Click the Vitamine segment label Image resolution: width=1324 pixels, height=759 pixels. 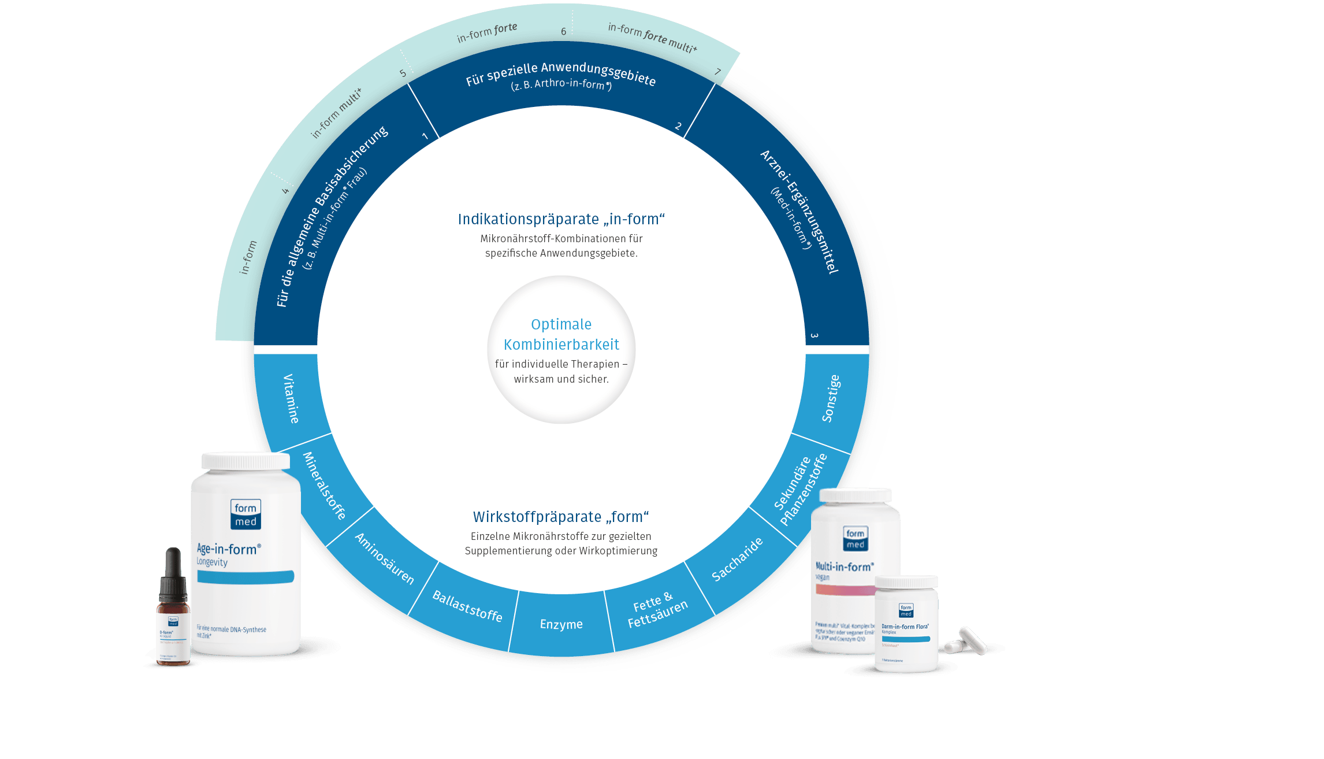(291, 398)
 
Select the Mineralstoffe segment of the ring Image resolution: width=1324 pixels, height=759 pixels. (324, 486)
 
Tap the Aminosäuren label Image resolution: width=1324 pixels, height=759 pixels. (385, 558)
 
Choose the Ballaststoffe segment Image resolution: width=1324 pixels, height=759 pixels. (467, 606)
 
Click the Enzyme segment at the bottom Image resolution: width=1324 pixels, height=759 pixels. (561, 624)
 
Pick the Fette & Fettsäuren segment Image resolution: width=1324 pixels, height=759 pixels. (657, 610)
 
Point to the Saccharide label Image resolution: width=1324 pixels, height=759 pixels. (737, 559)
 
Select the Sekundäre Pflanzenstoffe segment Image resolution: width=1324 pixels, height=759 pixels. (800, 491)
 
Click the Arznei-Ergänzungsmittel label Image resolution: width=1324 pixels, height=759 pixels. (799, 212)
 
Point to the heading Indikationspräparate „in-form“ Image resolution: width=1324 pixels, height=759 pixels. (561, 219)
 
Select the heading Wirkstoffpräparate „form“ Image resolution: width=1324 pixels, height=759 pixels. (561, 517)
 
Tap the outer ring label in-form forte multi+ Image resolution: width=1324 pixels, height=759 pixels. (652, 37)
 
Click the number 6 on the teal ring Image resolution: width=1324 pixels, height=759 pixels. (564, 31)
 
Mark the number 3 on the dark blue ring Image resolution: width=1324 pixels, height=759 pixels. (814, 335)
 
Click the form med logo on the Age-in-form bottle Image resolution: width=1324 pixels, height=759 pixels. (246, 514)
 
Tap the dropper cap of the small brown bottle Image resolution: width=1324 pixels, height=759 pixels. (173, 572)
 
